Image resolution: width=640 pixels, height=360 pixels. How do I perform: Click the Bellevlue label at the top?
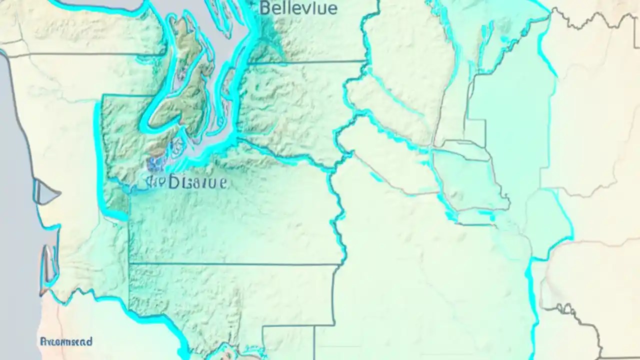point(298,8)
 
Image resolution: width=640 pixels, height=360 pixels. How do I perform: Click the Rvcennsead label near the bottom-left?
point(66,342)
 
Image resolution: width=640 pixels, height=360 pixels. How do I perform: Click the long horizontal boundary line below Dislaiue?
point(235,263)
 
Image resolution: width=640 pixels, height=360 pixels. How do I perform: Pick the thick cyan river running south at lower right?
point(532,310)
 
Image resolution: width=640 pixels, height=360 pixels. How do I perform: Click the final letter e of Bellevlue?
point(332,8)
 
